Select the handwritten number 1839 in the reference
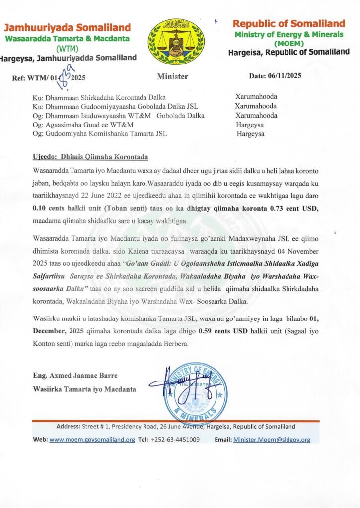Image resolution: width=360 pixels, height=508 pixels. tap(63, 74)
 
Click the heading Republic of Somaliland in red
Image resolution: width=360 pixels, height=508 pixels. tap(289, 24)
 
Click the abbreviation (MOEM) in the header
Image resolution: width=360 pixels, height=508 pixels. tap(288, 43)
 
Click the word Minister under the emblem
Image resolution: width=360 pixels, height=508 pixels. tap(172, 77)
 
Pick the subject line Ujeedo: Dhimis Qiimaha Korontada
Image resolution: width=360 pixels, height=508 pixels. tap(90, 157)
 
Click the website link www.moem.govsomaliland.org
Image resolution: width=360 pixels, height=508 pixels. tap(92, 439)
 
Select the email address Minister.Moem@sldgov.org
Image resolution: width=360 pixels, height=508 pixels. tap(272, 439)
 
